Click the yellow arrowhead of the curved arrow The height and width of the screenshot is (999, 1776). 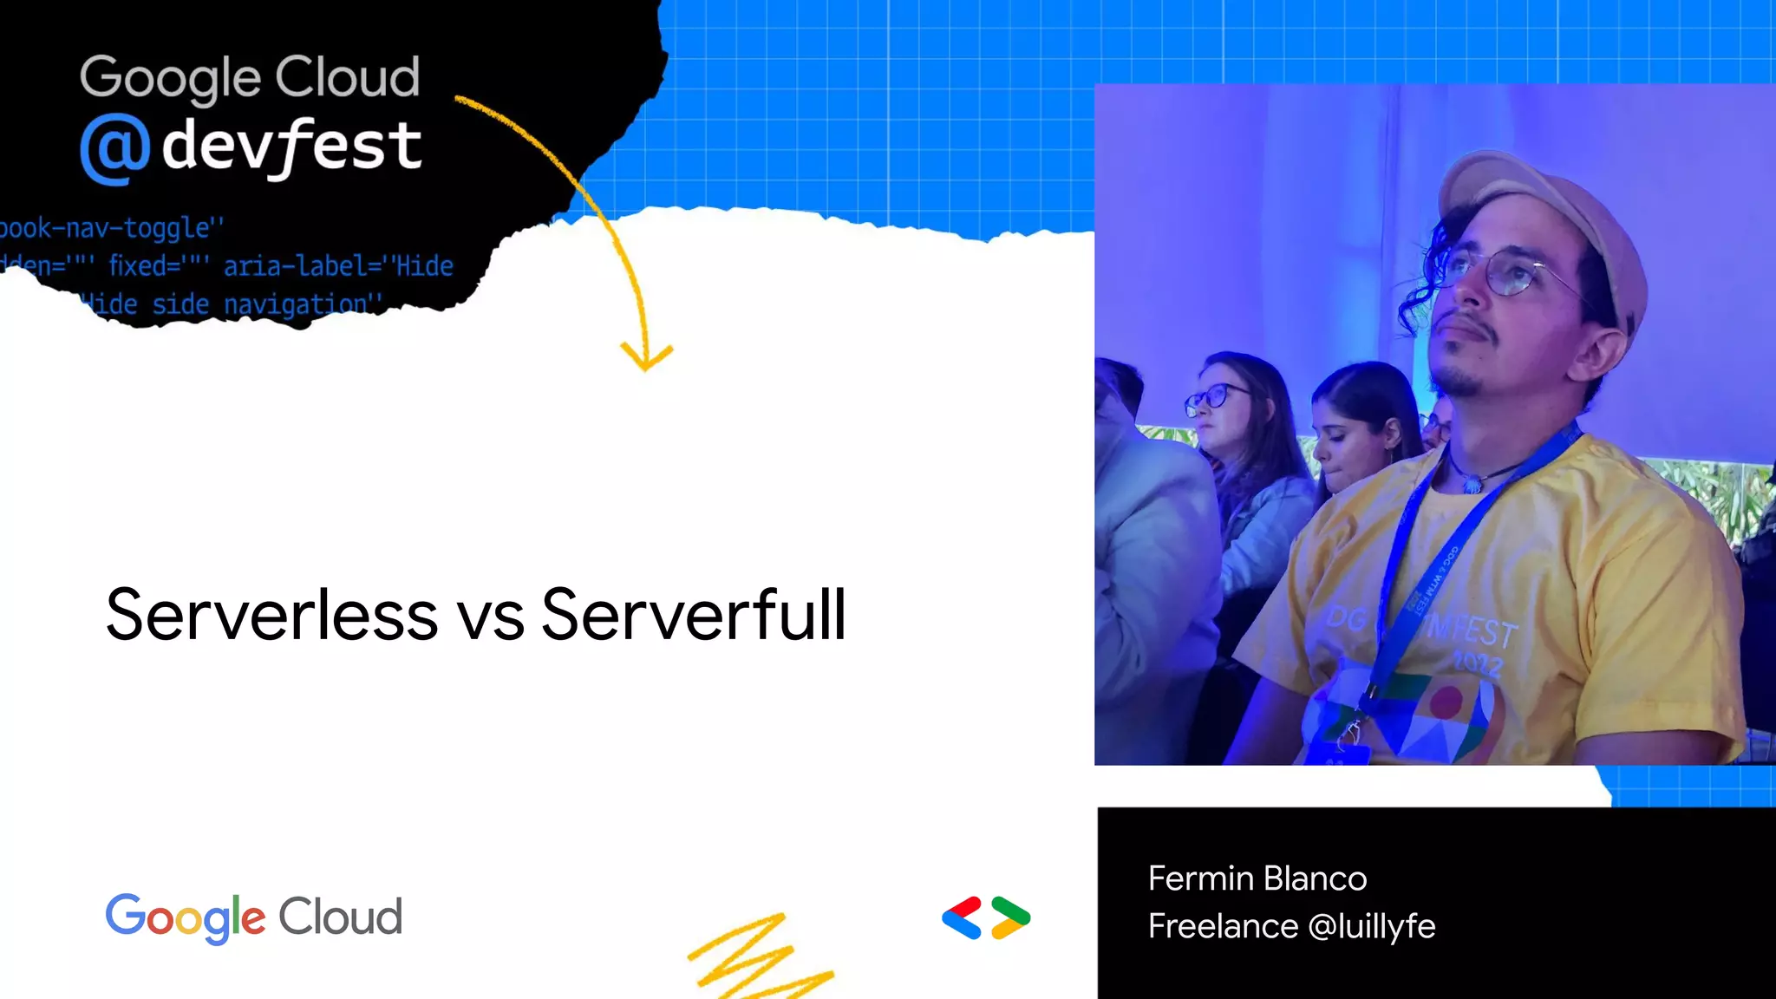tap(646, 356)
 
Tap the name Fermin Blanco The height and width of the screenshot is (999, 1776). tap(1257, 878)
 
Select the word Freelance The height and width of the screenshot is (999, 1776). tap(1223, 926)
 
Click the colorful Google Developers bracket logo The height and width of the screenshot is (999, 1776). tap(986, 917)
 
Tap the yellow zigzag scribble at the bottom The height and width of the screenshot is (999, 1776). tap(754, 958)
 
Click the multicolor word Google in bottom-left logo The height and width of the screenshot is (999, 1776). tap(186, 917)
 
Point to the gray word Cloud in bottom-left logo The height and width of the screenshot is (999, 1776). tap(340, 917)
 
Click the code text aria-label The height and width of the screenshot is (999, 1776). tap(296, 265)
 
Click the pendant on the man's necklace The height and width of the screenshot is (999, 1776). tap(1472, 483)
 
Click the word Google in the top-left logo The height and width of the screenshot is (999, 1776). tap(170, 78)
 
